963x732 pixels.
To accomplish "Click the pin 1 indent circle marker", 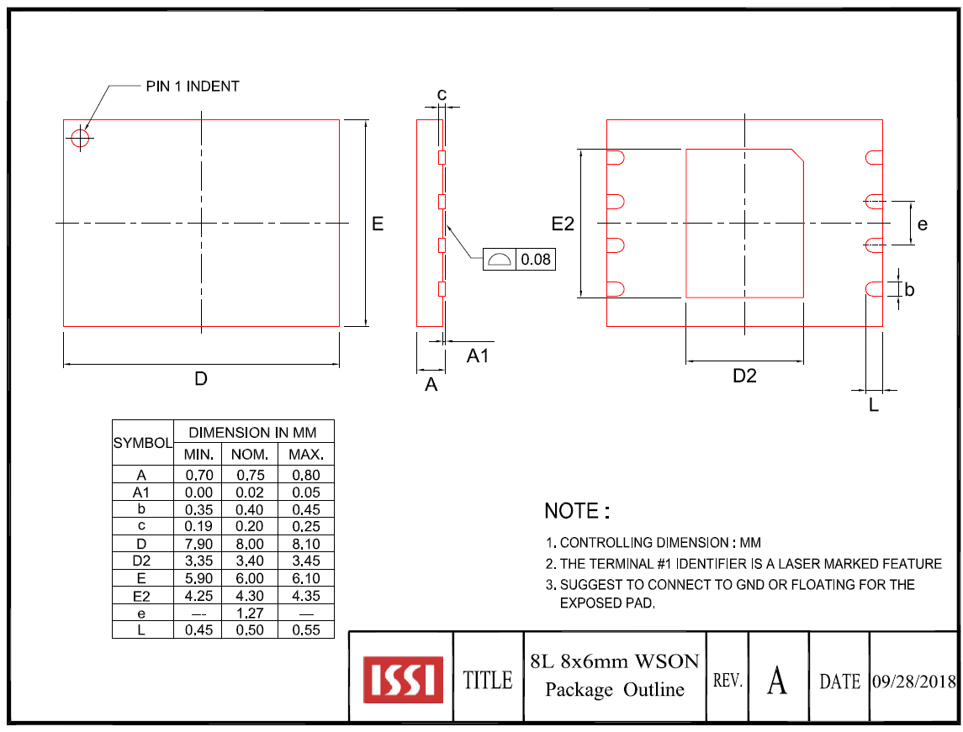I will point(80,138).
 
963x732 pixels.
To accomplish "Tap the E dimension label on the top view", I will point(378,224).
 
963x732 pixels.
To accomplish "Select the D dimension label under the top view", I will point(201,379).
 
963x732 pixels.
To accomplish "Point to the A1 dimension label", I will point(478,356).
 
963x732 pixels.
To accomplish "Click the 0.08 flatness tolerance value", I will point(536,260).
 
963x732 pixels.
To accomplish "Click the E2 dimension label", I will point(563,224).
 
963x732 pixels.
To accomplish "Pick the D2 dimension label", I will point(744,376).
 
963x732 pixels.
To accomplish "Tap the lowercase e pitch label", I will point(923,224).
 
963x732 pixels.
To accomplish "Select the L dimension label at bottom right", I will point(874,405).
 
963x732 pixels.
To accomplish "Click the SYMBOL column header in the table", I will point(143,442).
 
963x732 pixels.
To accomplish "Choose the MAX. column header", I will point(306,455).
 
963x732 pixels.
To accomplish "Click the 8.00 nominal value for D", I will point(250,544).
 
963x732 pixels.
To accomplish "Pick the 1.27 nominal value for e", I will point(250,613).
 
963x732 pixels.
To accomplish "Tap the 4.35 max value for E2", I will point(306,596).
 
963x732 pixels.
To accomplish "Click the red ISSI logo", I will point(403,679).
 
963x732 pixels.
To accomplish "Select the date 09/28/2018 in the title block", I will point(913,681).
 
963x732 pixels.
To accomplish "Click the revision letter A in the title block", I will point(777,680).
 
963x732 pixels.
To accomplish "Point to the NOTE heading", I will point(576,511).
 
